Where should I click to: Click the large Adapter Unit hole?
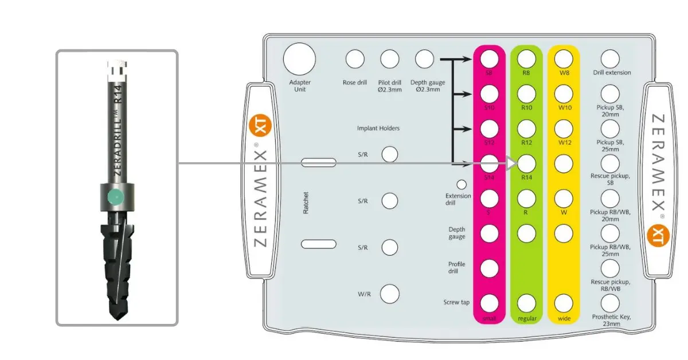[x=299, y=59]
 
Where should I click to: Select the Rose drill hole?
[x=355, y=58]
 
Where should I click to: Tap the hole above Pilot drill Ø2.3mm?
[x=389, y=58]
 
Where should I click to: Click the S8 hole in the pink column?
[x=489, y=59]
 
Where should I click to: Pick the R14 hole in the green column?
[x=527, y=163]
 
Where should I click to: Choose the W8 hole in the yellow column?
[x=564, y=58]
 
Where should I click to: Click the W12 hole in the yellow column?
[x=564, y=128]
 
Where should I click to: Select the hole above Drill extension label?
[x=611, y=58]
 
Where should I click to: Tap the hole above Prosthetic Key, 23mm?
[x=611, y=303]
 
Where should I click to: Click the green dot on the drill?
[x=116, y=198]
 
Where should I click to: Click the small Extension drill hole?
[x=462, y=185]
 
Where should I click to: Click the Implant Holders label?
[x=378, y=128]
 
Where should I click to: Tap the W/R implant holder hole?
[x=389, y=294]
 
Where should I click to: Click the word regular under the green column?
[x=526, y=318]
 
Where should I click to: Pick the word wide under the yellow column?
[x=564, y=318]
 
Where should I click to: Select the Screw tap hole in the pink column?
[x=489, y=303]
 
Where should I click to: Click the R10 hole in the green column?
[x=527, y=93]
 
